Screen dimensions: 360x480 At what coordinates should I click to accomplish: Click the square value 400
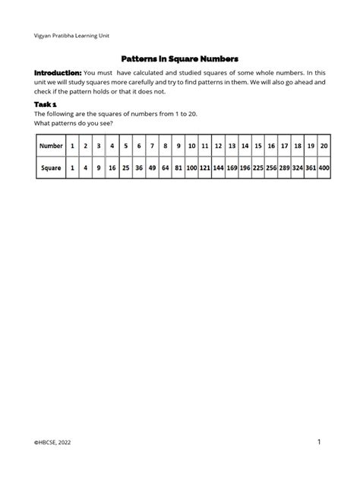click(x=324, y=167)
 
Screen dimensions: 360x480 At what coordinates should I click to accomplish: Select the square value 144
click(x=219, y=167)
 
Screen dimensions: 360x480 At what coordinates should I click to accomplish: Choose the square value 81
click(x=178, y=167)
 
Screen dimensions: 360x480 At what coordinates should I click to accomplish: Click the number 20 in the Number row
click(x=324, y=145)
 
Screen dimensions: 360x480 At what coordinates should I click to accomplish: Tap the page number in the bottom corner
click(x=320, y=441)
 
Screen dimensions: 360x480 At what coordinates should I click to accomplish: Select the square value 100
click(x=191, y=167)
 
